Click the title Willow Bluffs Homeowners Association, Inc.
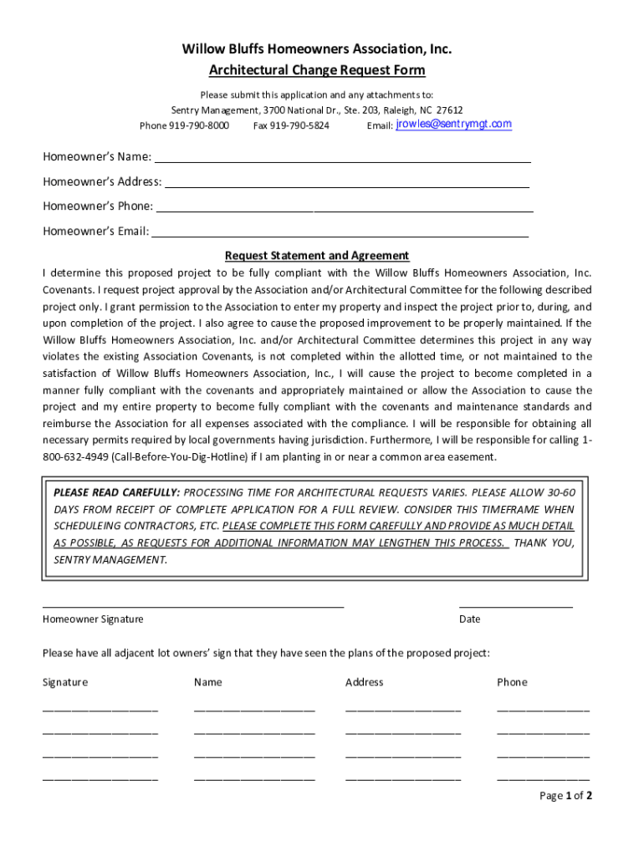coord(317,49)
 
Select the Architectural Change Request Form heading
coord(317,70)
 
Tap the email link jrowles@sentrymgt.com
coord(453,125)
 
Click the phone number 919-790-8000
coord(199,125)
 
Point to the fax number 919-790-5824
coord(300,125)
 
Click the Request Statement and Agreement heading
coord(317,256)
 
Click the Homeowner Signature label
coord(93,619)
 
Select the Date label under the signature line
coord(469,619)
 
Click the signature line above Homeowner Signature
coord(192,605)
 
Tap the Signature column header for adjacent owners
coord(65,682)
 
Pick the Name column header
coord(208,682)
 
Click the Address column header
coord(364,682)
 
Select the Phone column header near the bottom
coord(512,682)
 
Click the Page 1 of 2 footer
coord(566,796)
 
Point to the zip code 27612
coord(450,110)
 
